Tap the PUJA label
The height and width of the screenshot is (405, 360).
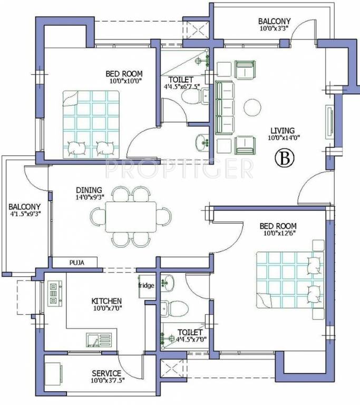[75, 262]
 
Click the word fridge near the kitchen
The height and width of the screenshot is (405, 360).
[146, 286]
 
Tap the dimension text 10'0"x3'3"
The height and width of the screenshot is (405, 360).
[276, 30]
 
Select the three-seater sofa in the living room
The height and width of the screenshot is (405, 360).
[223, 107]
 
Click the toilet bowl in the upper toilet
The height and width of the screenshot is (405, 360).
[189, 97]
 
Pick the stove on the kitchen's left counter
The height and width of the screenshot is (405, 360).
[54, 293]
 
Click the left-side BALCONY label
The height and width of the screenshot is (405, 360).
[24, 206]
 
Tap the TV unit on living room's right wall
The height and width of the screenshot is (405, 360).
[329, 122]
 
